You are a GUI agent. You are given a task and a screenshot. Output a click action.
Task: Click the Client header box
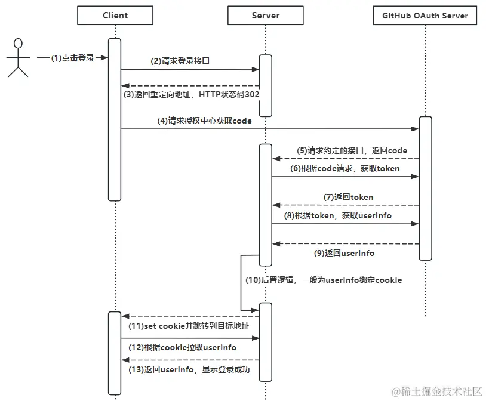115,16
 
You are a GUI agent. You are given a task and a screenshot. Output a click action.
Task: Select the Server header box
266,16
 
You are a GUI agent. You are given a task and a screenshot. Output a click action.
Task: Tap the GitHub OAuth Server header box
425,16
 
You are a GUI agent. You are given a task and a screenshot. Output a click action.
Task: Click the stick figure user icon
18,58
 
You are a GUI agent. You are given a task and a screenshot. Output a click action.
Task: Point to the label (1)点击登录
72,58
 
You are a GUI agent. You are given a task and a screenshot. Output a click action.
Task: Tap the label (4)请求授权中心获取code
204,121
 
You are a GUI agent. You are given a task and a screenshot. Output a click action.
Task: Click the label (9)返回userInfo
344,253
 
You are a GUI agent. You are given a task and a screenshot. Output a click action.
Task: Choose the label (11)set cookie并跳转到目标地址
189,326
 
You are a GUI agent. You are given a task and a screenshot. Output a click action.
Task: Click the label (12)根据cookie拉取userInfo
183,347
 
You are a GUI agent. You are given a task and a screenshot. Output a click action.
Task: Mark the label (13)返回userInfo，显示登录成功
189,369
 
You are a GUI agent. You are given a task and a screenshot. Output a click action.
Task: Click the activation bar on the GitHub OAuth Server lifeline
425,188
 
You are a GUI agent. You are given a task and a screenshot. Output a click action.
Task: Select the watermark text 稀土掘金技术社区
442,391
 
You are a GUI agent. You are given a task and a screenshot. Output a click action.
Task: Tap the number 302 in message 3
251,95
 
